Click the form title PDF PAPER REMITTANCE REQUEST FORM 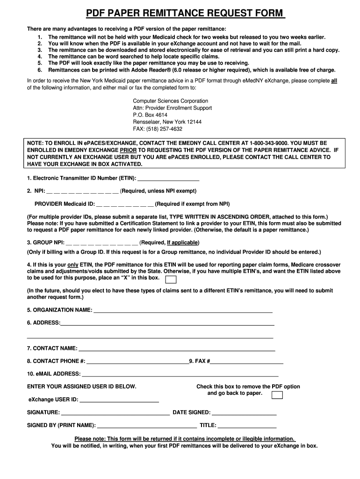(x=180, y=13)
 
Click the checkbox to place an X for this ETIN (x=172, y=280)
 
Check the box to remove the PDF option (x=277, y=395)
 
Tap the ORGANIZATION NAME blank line (x=183, y=311)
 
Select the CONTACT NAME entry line (x=177, y=349)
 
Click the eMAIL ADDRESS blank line (x=180, y=375)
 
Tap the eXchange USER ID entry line (x=119, y=401)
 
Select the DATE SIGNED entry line (x=245, y=414)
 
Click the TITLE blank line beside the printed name (x=247, y=426)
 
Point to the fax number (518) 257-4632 (x=167, y=129)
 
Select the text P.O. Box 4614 (x=150, y=115)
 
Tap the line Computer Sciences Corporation (x=171, y=101)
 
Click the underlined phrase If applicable (x=183, y=242)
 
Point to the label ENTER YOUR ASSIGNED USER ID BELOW (x=82, y=387)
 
